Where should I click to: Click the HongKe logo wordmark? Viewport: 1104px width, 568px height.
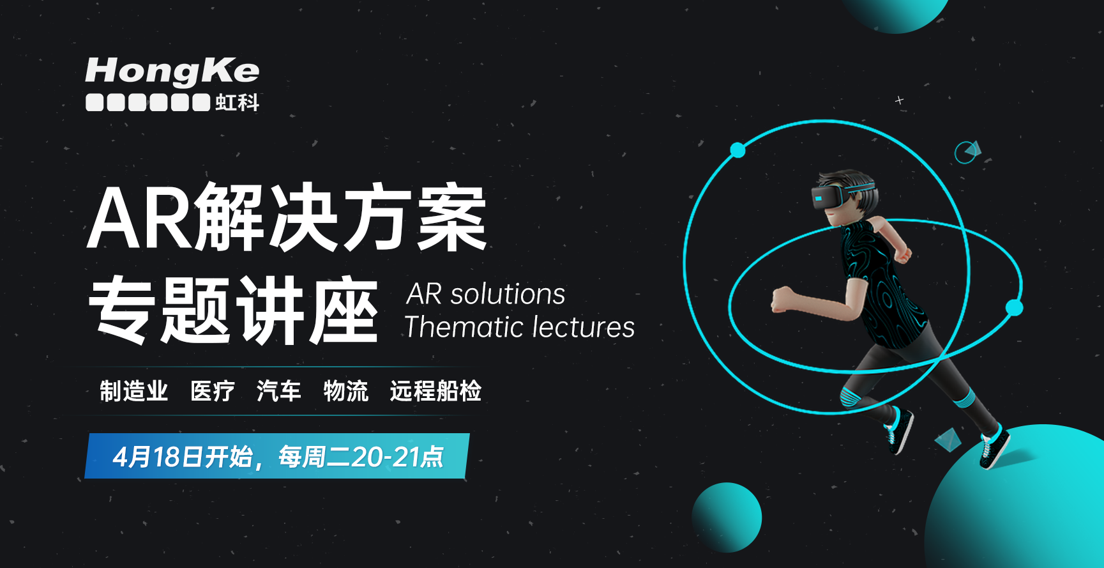click(172, 71)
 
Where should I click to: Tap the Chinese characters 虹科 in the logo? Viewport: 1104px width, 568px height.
click(237, 102)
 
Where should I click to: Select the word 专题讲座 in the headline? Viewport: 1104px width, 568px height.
click(233, 311)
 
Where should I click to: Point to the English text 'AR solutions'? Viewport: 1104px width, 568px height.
click(486, 294)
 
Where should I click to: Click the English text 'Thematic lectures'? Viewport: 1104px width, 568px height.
click(520, 326)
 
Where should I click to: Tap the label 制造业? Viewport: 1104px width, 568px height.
click(133, 391)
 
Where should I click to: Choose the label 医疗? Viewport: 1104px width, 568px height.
click(213, 391)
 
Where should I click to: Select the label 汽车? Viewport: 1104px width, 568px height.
click(278, 391)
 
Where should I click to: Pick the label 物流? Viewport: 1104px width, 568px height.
click(345, 391)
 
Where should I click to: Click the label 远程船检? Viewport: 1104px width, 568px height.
click(435, 391)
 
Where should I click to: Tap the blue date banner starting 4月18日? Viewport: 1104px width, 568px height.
click(277, 456)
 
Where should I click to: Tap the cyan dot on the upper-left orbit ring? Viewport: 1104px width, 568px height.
click(737, 150)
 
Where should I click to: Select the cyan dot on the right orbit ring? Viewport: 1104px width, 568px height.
click(1014, 308)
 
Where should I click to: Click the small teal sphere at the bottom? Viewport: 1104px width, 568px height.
click(727, 518)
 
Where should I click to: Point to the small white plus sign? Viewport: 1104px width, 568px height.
click(899, 100)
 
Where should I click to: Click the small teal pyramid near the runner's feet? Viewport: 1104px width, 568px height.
click(948, 439)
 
